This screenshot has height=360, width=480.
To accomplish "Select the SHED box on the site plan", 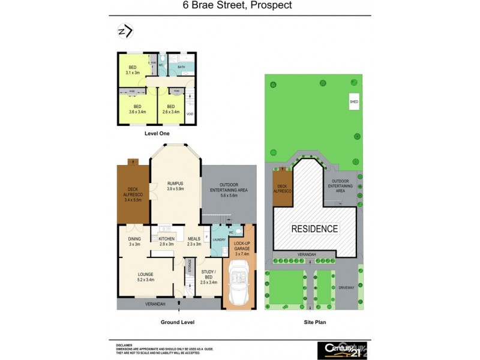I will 353,102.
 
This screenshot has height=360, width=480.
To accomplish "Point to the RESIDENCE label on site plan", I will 314,229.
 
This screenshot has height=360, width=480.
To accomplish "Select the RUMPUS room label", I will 175,186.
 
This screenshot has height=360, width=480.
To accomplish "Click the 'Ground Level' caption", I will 178,322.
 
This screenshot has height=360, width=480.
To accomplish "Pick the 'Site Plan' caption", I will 314,322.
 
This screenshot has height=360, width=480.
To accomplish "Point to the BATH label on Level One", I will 181,68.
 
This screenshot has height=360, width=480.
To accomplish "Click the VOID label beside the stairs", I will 190,113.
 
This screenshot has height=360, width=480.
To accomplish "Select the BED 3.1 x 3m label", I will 132,70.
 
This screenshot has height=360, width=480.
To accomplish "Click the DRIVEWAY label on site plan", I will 346,287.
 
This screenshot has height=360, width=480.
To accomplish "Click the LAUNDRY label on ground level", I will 218,239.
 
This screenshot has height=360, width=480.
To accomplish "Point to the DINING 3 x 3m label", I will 133,241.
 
